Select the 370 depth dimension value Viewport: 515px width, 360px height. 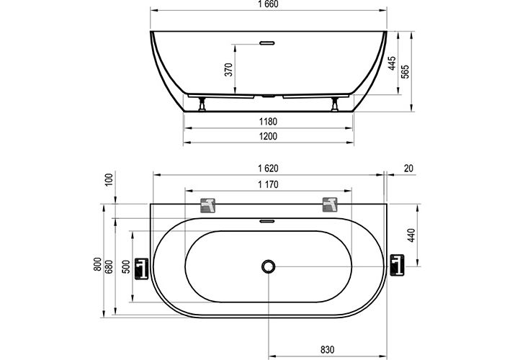[228, 69]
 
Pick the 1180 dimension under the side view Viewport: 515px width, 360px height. [269, 121]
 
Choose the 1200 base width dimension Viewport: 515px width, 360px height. [269, 136]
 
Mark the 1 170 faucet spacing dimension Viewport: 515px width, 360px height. [269, 184]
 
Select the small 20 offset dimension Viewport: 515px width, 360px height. [409, 168]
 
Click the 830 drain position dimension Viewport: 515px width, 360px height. [328, 350]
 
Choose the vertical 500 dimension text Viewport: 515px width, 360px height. [126, 264]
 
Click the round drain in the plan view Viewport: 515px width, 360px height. [269, 266]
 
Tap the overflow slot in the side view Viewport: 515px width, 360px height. [269, 42]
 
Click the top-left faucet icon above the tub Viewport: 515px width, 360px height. [208, 204]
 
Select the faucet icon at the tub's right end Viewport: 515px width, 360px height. [397, 266]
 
